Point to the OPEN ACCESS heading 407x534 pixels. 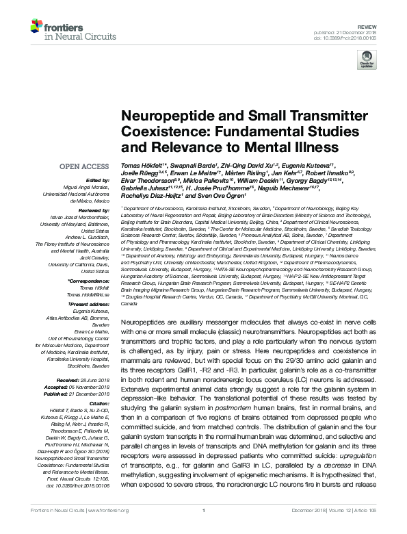click(84, 166)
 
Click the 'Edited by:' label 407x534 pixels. click(97, 180)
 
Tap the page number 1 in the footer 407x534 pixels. click(203, 529)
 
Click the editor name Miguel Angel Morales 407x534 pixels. click(87, 187)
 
